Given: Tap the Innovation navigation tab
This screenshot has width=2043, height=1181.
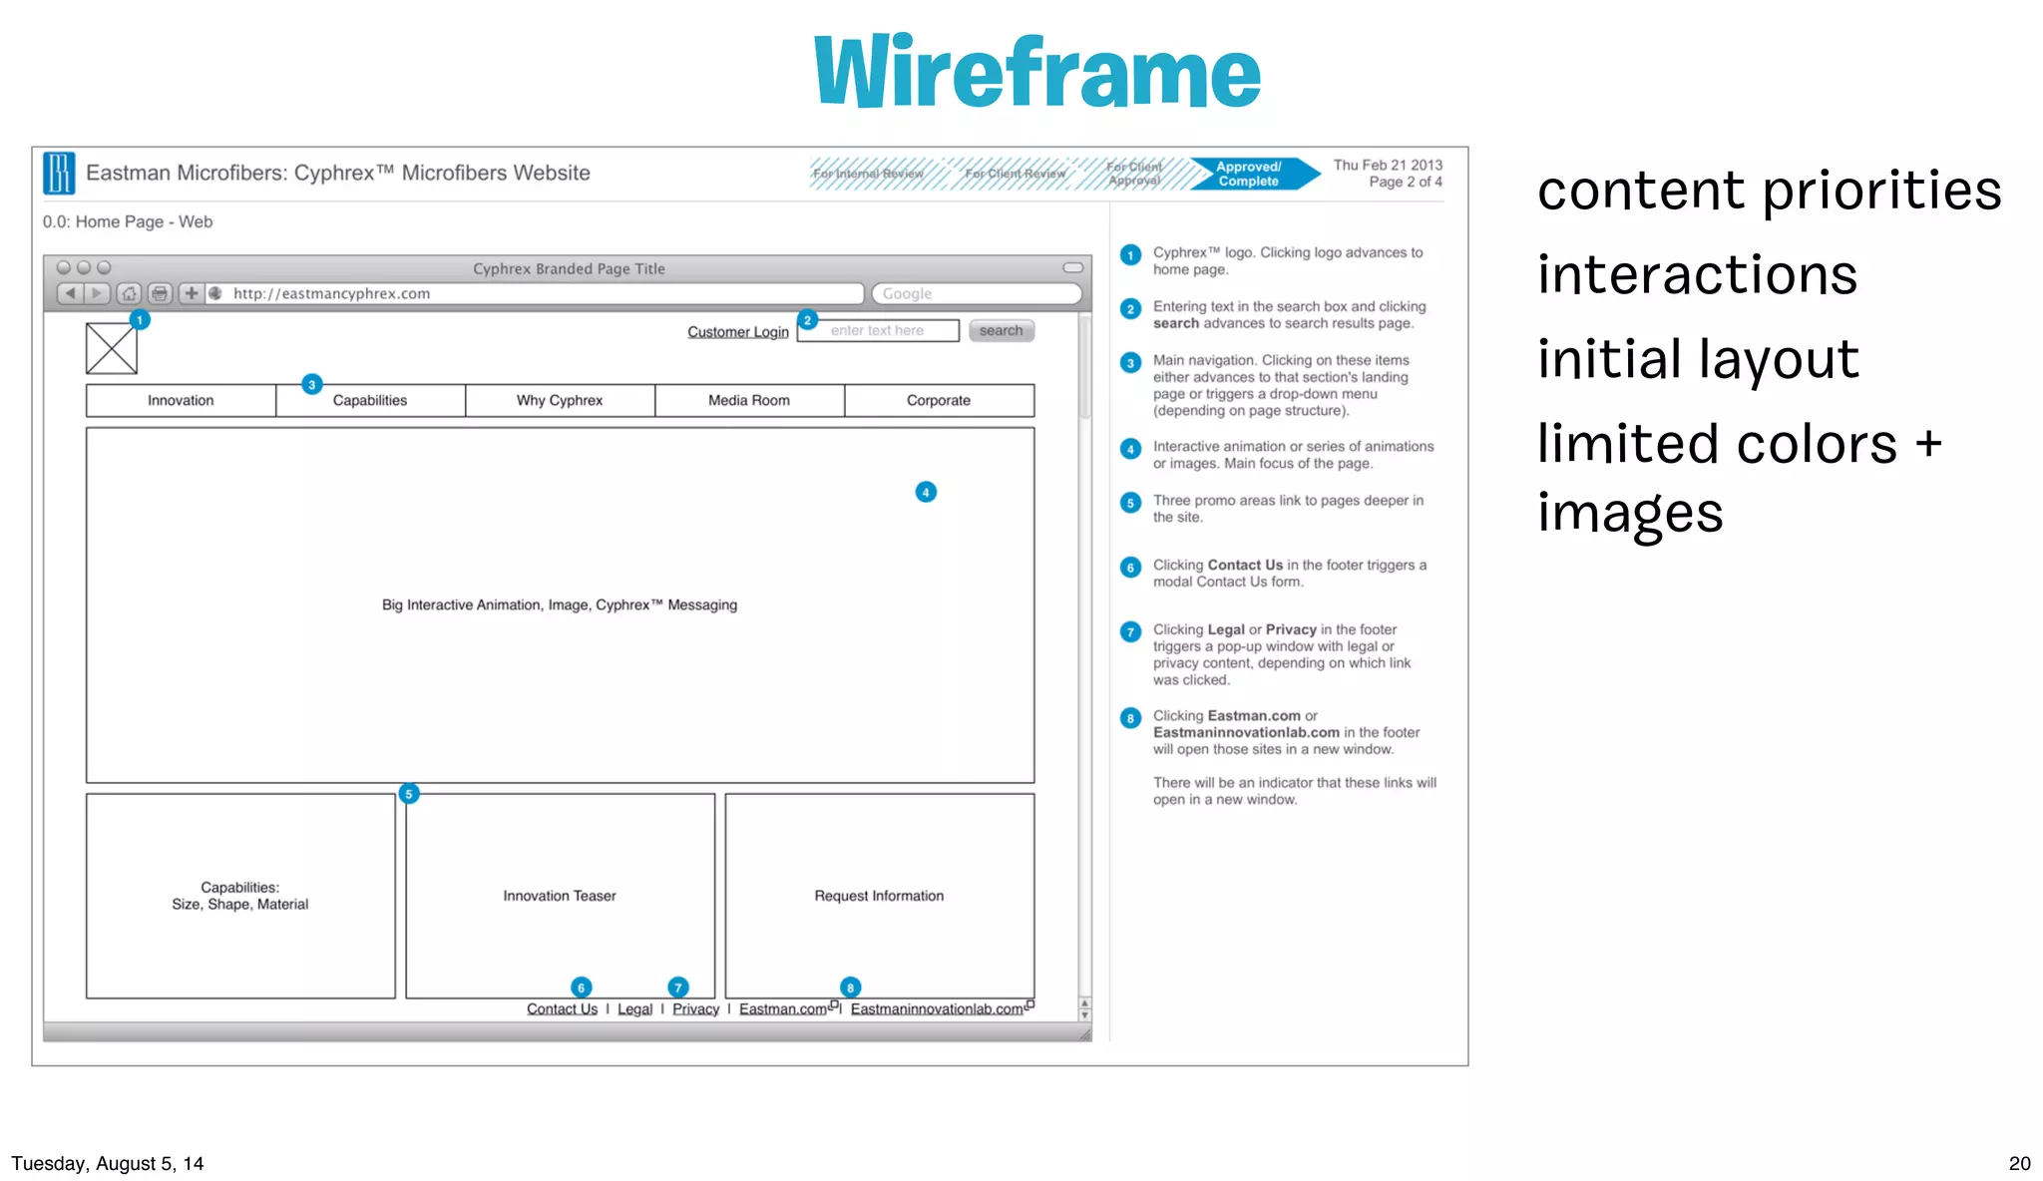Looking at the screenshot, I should [181, 400].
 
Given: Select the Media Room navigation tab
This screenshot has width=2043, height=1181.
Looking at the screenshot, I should [749, 400].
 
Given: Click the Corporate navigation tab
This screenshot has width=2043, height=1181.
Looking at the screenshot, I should [939, 400].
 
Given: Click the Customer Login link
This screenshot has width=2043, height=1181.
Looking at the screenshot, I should [737, 331].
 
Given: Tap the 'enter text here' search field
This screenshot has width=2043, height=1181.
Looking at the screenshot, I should [878, 330].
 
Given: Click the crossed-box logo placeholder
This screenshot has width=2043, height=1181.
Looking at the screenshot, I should [111, 349].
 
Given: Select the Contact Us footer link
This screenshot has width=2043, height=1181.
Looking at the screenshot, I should [562, 1008].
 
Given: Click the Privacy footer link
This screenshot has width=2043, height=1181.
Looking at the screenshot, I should [695, 1008].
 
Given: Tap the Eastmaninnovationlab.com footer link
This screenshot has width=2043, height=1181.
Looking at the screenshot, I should [937, 1008].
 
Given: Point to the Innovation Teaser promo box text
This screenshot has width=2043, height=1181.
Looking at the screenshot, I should [560, 896].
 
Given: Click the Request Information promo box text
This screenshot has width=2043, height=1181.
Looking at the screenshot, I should [879, 896].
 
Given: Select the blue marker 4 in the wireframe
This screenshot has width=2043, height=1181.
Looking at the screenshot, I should [926, 492].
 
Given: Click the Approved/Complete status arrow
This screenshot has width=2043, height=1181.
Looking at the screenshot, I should [1251, 174].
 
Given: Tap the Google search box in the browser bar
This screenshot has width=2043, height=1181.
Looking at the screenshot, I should [976, 293].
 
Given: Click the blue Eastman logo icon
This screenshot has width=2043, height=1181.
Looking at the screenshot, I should [59, 173].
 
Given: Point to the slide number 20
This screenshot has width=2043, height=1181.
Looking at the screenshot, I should [2019, 1163].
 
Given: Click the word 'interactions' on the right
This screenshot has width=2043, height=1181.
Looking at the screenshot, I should [1697, 274].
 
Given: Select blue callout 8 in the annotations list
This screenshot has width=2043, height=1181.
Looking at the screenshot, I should [1130, 718].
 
